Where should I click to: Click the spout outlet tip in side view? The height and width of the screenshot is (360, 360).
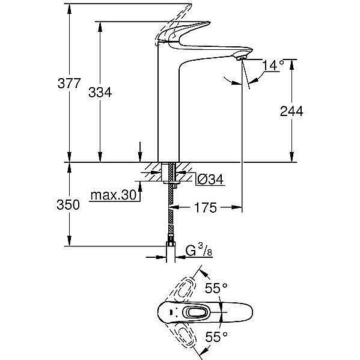point(242,57)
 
